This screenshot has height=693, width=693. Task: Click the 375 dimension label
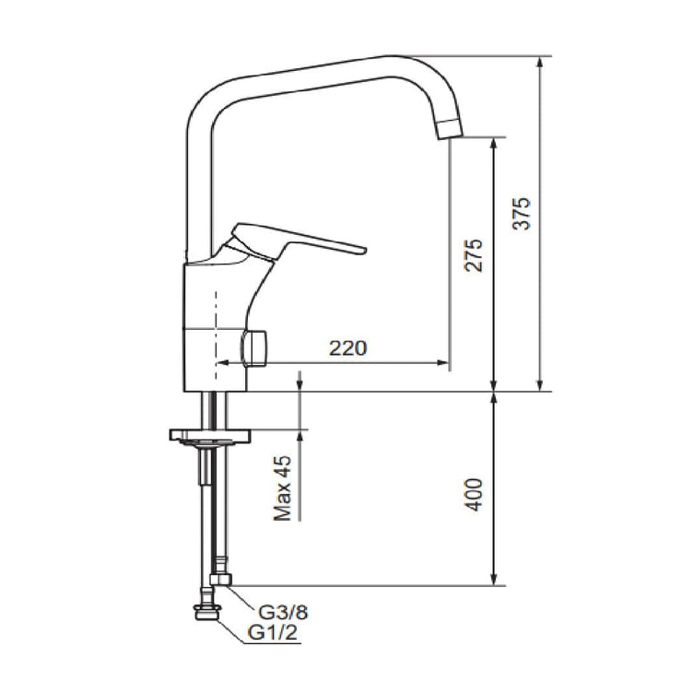(522, 214)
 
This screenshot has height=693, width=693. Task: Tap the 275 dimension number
(474, 255)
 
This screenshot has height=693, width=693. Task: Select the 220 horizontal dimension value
(347, 348)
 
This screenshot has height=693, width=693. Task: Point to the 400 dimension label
(475, 495)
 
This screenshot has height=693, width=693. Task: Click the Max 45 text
(283, 487)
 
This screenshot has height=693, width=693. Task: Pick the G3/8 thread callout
(283, 612)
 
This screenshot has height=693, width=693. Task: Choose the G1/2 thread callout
(273, 632)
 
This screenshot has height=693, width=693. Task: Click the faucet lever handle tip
(363, 251)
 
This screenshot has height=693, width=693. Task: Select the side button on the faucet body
(254, 348)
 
